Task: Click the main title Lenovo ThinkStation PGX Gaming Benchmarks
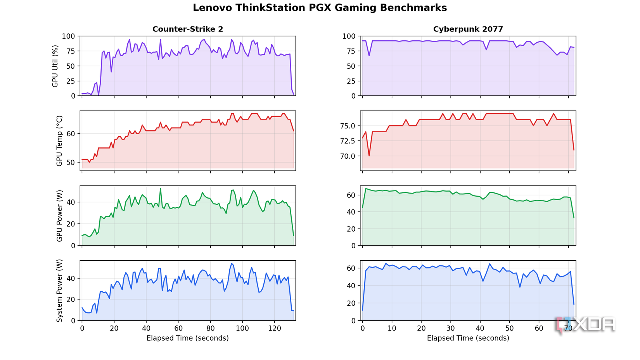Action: pyautogui.click(x=320, y=8)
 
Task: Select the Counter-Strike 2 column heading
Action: pyautogui.click(x=188, y=29)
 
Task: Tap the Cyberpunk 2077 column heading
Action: pyautogui.click(x=468, y=29)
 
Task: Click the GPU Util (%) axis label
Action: pyautogui.click(x=55, y=66)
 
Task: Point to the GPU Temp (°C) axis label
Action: pyautogui.click(x=59, y=141)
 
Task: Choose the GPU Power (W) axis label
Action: pyautogui.click(x=59, y=216)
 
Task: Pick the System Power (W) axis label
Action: pyautogui.click(x=59, y=291)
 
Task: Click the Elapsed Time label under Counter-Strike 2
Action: pyautogui.click(x=188, y=338)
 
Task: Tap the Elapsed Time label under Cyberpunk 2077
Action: pyautogui.click(x=468, y=338)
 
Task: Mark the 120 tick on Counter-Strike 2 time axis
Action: pyautogui.click(x=274, y=329)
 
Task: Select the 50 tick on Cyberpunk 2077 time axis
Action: pyautogui.click(x=509, y=329)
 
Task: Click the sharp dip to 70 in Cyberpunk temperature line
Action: pyautogui.click(x=369, y=156)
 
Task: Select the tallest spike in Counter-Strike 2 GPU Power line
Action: pyautogui.click(x=161, y=189)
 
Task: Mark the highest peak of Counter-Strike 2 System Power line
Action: pyautogui.click(x=232, y=264)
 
